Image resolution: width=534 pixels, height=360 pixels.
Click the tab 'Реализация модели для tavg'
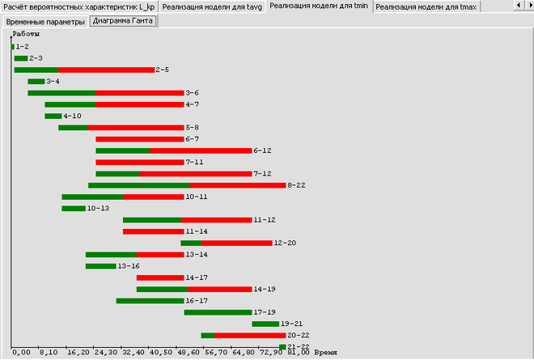pos(213,6)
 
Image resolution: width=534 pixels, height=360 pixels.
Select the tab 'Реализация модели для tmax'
pos(426,6)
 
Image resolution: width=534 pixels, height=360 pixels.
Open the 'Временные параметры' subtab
pos(45,22)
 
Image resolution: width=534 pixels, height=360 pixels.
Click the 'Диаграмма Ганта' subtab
pos(124,22)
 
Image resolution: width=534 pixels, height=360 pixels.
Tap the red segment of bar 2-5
pos(106,70)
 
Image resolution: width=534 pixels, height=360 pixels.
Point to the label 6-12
pos(262,150)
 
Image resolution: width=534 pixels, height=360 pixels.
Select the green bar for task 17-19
pos(218,312)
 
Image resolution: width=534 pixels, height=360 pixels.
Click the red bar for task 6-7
pos(139,139)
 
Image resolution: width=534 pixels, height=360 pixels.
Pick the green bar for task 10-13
pos(74,209)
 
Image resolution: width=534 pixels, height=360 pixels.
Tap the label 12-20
pos(285,243)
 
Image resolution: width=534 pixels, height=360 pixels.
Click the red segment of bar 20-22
pos(250,335)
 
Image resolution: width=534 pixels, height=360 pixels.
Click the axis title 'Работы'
pos(26,36)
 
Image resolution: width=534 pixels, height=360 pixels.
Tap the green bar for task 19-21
pos(265,324)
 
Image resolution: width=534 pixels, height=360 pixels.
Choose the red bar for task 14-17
pos(160,277)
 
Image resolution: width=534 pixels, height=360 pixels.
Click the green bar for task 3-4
pos(36,82)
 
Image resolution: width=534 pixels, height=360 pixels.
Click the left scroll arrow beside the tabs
pos(517,6)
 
